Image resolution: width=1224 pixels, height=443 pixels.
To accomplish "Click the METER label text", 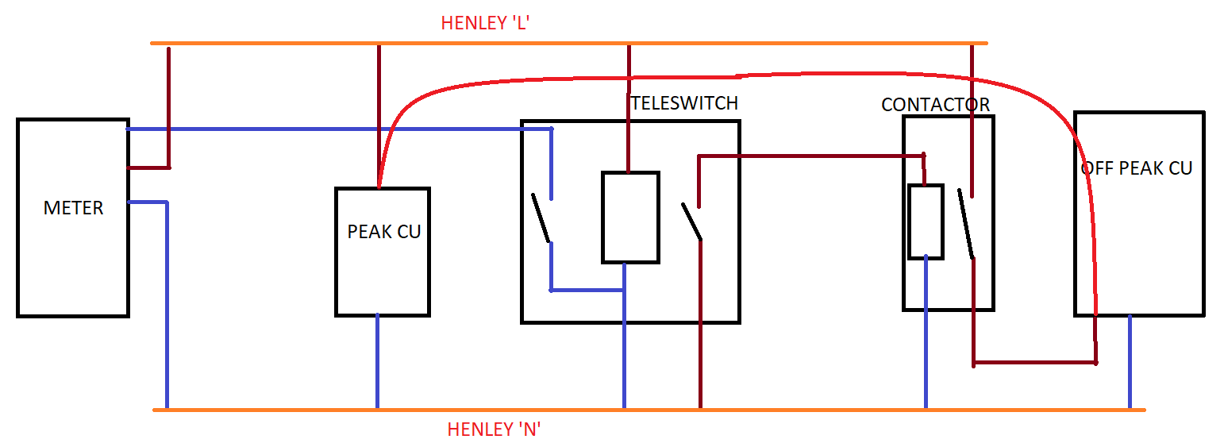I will coord(73,208).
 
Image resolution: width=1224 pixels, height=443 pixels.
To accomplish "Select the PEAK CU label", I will coord(384,232).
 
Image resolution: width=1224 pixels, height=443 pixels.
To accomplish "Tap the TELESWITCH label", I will coord(684,102).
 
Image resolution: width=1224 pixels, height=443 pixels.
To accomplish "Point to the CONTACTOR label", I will coord(936,105).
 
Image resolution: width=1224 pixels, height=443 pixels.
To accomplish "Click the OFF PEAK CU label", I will coord(1137,168).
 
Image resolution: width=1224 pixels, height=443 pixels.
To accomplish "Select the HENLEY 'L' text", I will coord(485,23).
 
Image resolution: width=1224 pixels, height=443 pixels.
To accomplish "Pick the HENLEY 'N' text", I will coord(495,430).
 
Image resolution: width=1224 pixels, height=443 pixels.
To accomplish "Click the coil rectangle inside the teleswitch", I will coord(630,217).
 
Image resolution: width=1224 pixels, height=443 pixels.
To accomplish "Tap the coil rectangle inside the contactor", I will coord(926,221).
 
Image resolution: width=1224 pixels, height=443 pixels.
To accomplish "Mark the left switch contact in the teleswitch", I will coord(541,218).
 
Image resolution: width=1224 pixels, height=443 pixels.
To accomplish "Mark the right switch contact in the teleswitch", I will coord(691,221).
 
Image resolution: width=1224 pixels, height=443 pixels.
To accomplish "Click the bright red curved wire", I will coord(714,77).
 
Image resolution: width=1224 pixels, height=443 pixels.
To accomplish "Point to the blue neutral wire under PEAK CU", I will coord(377,361).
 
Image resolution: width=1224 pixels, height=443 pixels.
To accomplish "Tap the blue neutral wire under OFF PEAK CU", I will coord(1130,361).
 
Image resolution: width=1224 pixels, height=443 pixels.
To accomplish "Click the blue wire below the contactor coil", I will coord(926,333).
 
